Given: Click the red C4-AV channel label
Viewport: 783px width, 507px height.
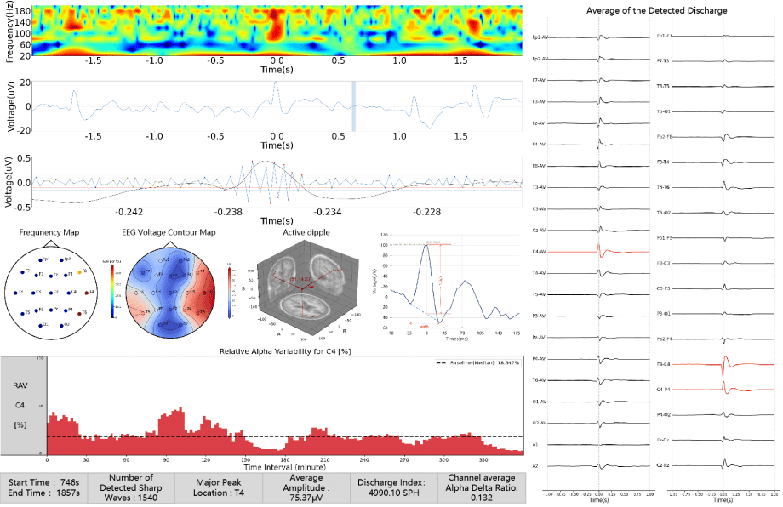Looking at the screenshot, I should point(538,252).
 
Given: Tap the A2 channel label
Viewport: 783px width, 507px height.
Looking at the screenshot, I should point(534,466).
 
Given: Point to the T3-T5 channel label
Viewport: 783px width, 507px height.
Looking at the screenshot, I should point(664,87).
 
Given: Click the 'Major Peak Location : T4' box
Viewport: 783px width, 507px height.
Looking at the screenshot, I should point(216,488).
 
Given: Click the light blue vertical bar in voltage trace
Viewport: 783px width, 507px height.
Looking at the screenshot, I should point(354,106).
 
